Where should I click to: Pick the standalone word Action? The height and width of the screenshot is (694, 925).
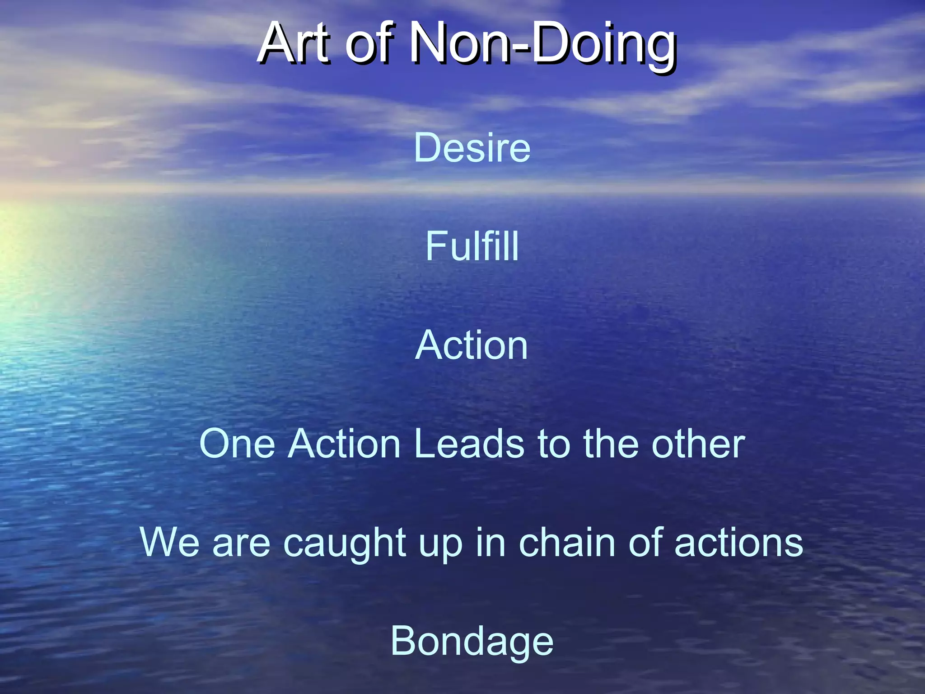(x=471, y=345)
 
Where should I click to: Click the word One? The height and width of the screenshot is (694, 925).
(x=237, y=444)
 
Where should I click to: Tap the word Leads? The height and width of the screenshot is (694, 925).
(x=469, y=444)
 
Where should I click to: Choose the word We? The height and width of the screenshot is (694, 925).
(x=169, y=542)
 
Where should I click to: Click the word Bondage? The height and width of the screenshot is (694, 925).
(x=472, y=642)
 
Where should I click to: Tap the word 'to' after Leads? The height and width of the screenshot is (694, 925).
(x=554, y=444)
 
